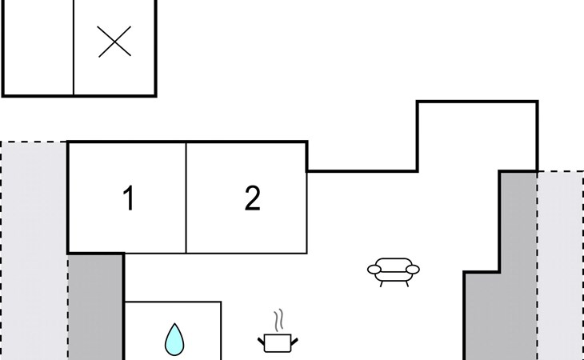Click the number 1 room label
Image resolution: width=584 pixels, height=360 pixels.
coord(129,198)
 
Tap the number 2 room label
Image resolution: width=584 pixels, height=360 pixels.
coord(252,198)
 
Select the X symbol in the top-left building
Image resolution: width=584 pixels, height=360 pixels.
coord(114,42)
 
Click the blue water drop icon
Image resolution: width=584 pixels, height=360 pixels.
coord(174,339)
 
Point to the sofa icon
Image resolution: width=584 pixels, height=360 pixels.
coord(394,272)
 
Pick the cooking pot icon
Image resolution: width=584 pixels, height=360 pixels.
coord(278,343)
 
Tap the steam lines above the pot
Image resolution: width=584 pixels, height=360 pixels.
coord(278,320)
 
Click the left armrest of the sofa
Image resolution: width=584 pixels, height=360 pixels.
coord(374,269)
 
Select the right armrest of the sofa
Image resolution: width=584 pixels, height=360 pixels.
coord(413,269)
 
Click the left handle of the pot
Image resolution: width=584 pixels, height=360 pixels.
coord(261,341)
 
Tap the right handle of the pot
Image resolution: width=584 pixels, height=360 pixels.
coord(294,341)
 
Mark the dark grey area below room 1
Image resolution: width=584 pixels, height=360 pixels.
coord(95,307)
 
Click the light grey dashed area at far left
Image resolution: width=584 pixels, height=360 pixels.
coord(34,250)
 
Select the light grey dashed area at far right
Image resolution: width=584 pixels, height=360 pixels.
coord(560,266)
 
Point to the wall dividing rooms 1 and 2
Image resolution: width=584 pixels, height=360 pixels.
coord(186,198)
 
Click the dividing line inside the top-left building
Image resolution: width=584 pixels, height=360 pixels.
coord(74,47)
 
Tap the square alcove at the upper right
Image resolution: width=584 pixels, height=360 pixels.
coord(477,136)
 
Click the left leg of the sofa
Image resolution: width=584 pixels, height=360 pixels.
coord(381,284)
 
